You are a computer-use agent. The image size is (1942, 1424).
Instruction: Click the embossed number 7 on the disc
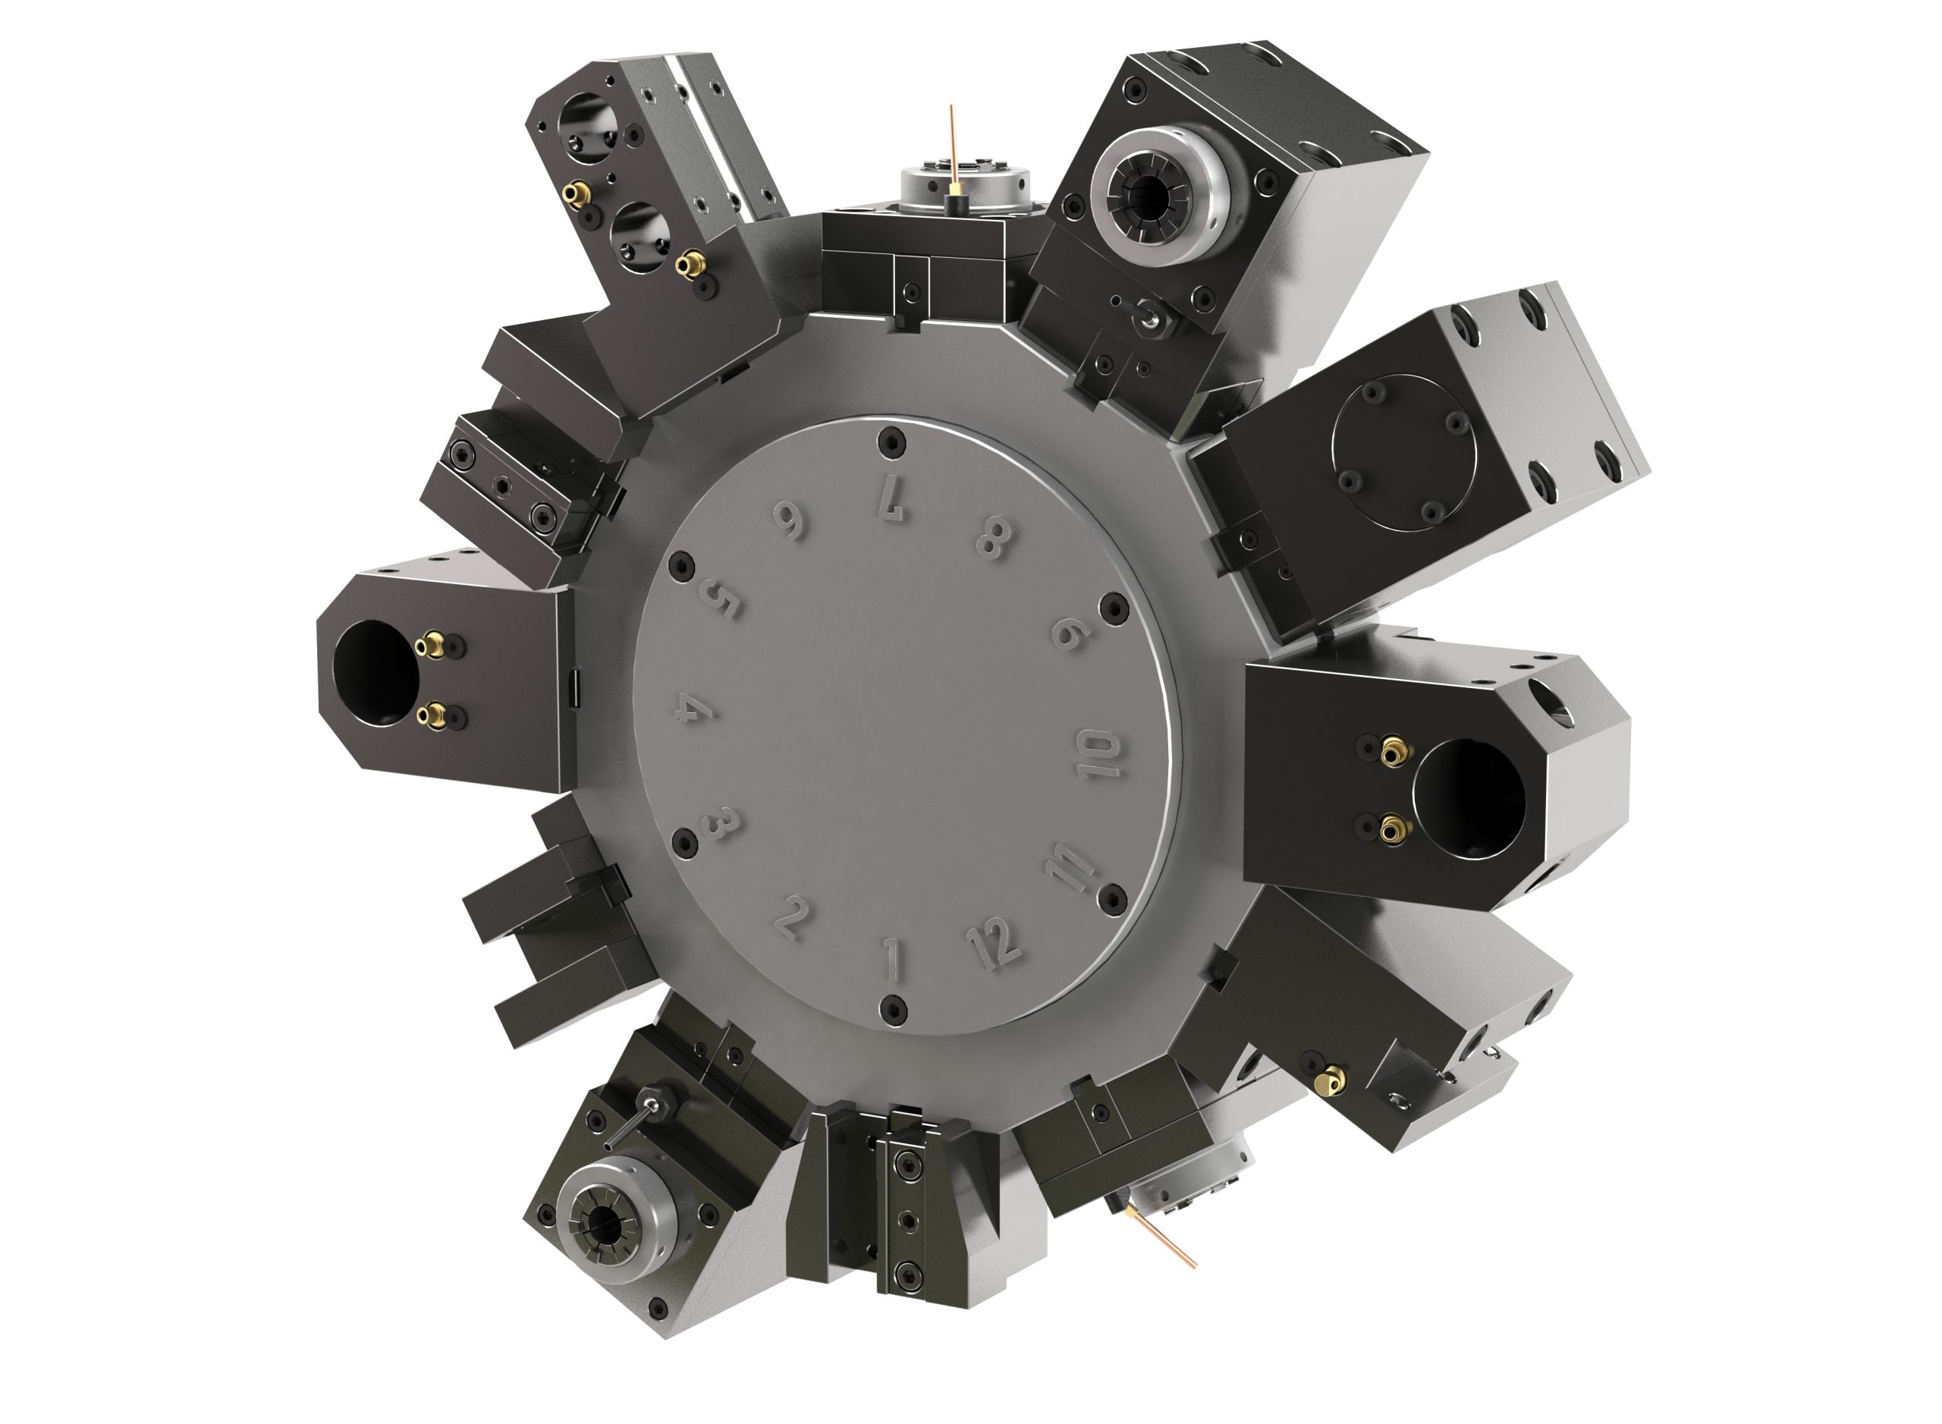click(x=891, y=501)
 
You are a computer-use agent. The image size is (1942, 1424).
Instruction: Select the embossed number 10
click(x=1101, y=754)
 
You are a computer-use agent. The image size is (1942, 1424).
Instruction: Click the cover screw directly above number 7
click(x=890, y=443)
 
